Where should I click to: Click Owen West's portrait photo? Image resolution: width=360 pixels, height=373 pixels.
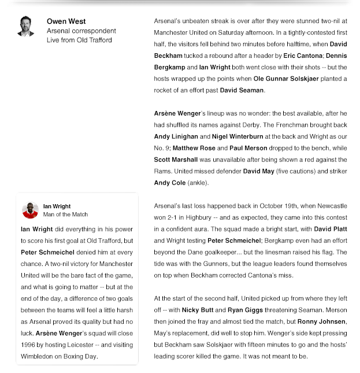[25, 27]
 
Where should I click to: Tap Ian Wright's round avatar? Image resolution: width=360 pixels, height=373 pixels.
[30, 210]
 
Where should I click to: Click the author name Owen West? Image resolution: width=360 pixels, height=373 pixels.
[66, 21]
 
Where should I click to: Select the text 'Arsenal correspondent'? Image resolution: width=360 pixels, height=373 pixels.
[81, 31]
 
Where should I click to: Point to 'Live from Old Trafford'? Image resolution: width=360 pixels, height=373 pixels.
[79, 40]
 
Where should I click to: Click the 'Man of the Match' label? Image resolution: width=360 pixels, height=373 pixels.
[65, 215]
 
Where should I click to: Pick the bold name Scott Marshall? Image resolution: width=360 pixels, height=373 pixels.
[177, 160]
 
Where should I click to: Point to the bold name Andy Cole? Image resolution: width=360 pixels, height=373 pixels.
[170, 183]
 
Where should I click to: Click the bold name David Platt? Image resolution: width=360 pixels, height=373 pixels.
[330, 229]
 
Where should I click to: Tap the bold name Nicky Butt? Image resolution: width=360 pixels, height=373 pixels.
[198, 310]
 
